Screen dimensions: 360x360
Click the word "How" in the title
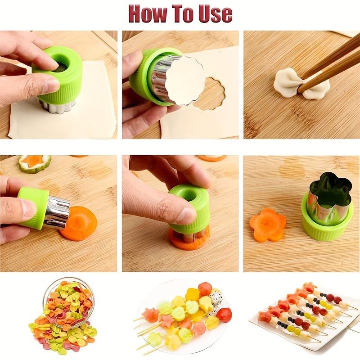(151, 13)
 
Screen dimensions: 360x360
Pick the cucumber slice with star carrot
(35, 163)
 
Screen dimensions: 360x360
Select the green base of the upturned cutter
(322, 225)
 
